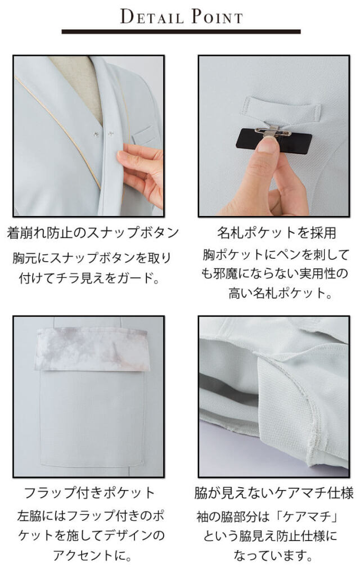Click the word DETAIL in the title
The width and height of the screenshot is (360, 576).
152,17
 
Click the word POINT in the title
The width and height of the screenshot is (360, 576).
217,17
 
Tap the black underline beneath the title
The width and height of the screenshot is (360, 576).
181,32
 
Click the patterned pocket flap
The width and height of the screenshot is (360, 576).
93,349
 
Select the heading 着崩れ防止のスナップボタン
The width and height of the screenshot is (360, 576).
93,233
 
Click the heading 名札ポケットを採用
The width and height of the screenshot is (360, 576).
276,233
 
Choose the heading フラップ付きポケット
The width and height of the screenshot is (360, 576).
89,493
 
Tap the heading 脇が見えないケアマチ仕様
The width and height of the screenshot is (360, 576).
274,493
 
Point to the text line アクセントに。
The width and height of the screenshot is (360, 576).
93,555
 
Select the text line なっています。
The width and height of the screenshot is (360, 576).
273,555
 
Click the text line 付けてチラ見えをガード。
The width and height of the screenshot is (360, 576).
90,278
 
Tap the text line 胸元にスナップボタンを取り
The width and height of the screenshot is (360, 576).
92,258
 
